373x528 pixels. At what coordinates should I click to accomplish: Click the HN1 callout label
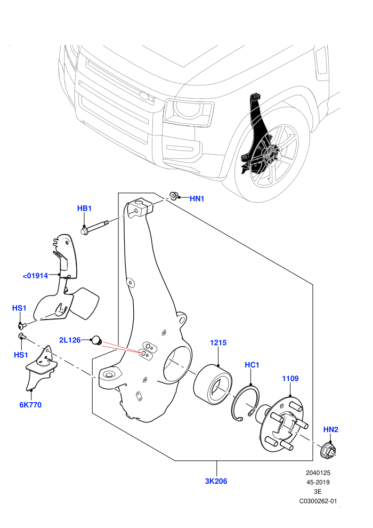(197, 199)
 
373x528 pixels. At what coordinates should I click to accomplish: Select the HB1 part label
(84, 209)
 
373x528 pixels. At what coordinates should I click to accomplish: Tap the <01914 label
(35, 276)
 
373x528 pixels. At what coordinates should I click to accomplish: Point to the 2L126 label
(70, 340)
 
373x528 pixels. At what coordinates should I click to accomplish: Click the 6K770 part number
(30, 405)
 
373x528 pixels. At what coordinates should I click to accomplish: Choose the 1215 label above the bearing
(218, 343)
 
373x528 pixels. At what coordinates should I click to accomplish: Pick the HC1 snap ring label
(252, 365)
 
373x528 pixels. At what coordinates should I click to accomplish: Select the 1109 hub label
(290, 379)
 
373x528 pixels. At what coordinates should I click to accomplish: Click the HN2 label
(330, 430)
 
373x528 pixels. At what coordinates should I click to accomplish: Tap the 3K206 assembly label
(216, 481)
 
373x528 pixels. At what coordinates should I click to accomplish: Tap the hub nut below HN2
(328, 450)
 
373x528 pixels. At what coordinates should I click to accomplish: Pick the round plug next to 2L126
(97, 340)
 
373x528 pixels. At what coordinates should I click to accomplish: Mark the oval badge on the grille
(146, 95)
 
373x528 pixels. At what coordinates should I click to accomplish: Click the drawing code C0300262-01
(318, 501)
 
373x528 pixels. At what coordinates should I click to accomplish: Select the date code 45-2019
(318, 482)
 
